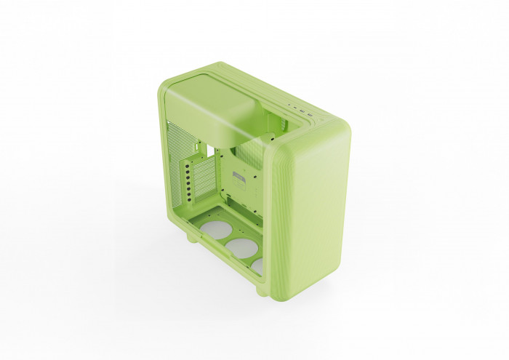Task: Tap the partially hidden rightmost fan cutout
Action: [x=257, y=266]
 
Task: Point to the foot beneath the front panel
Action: [x=262, y=290]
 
